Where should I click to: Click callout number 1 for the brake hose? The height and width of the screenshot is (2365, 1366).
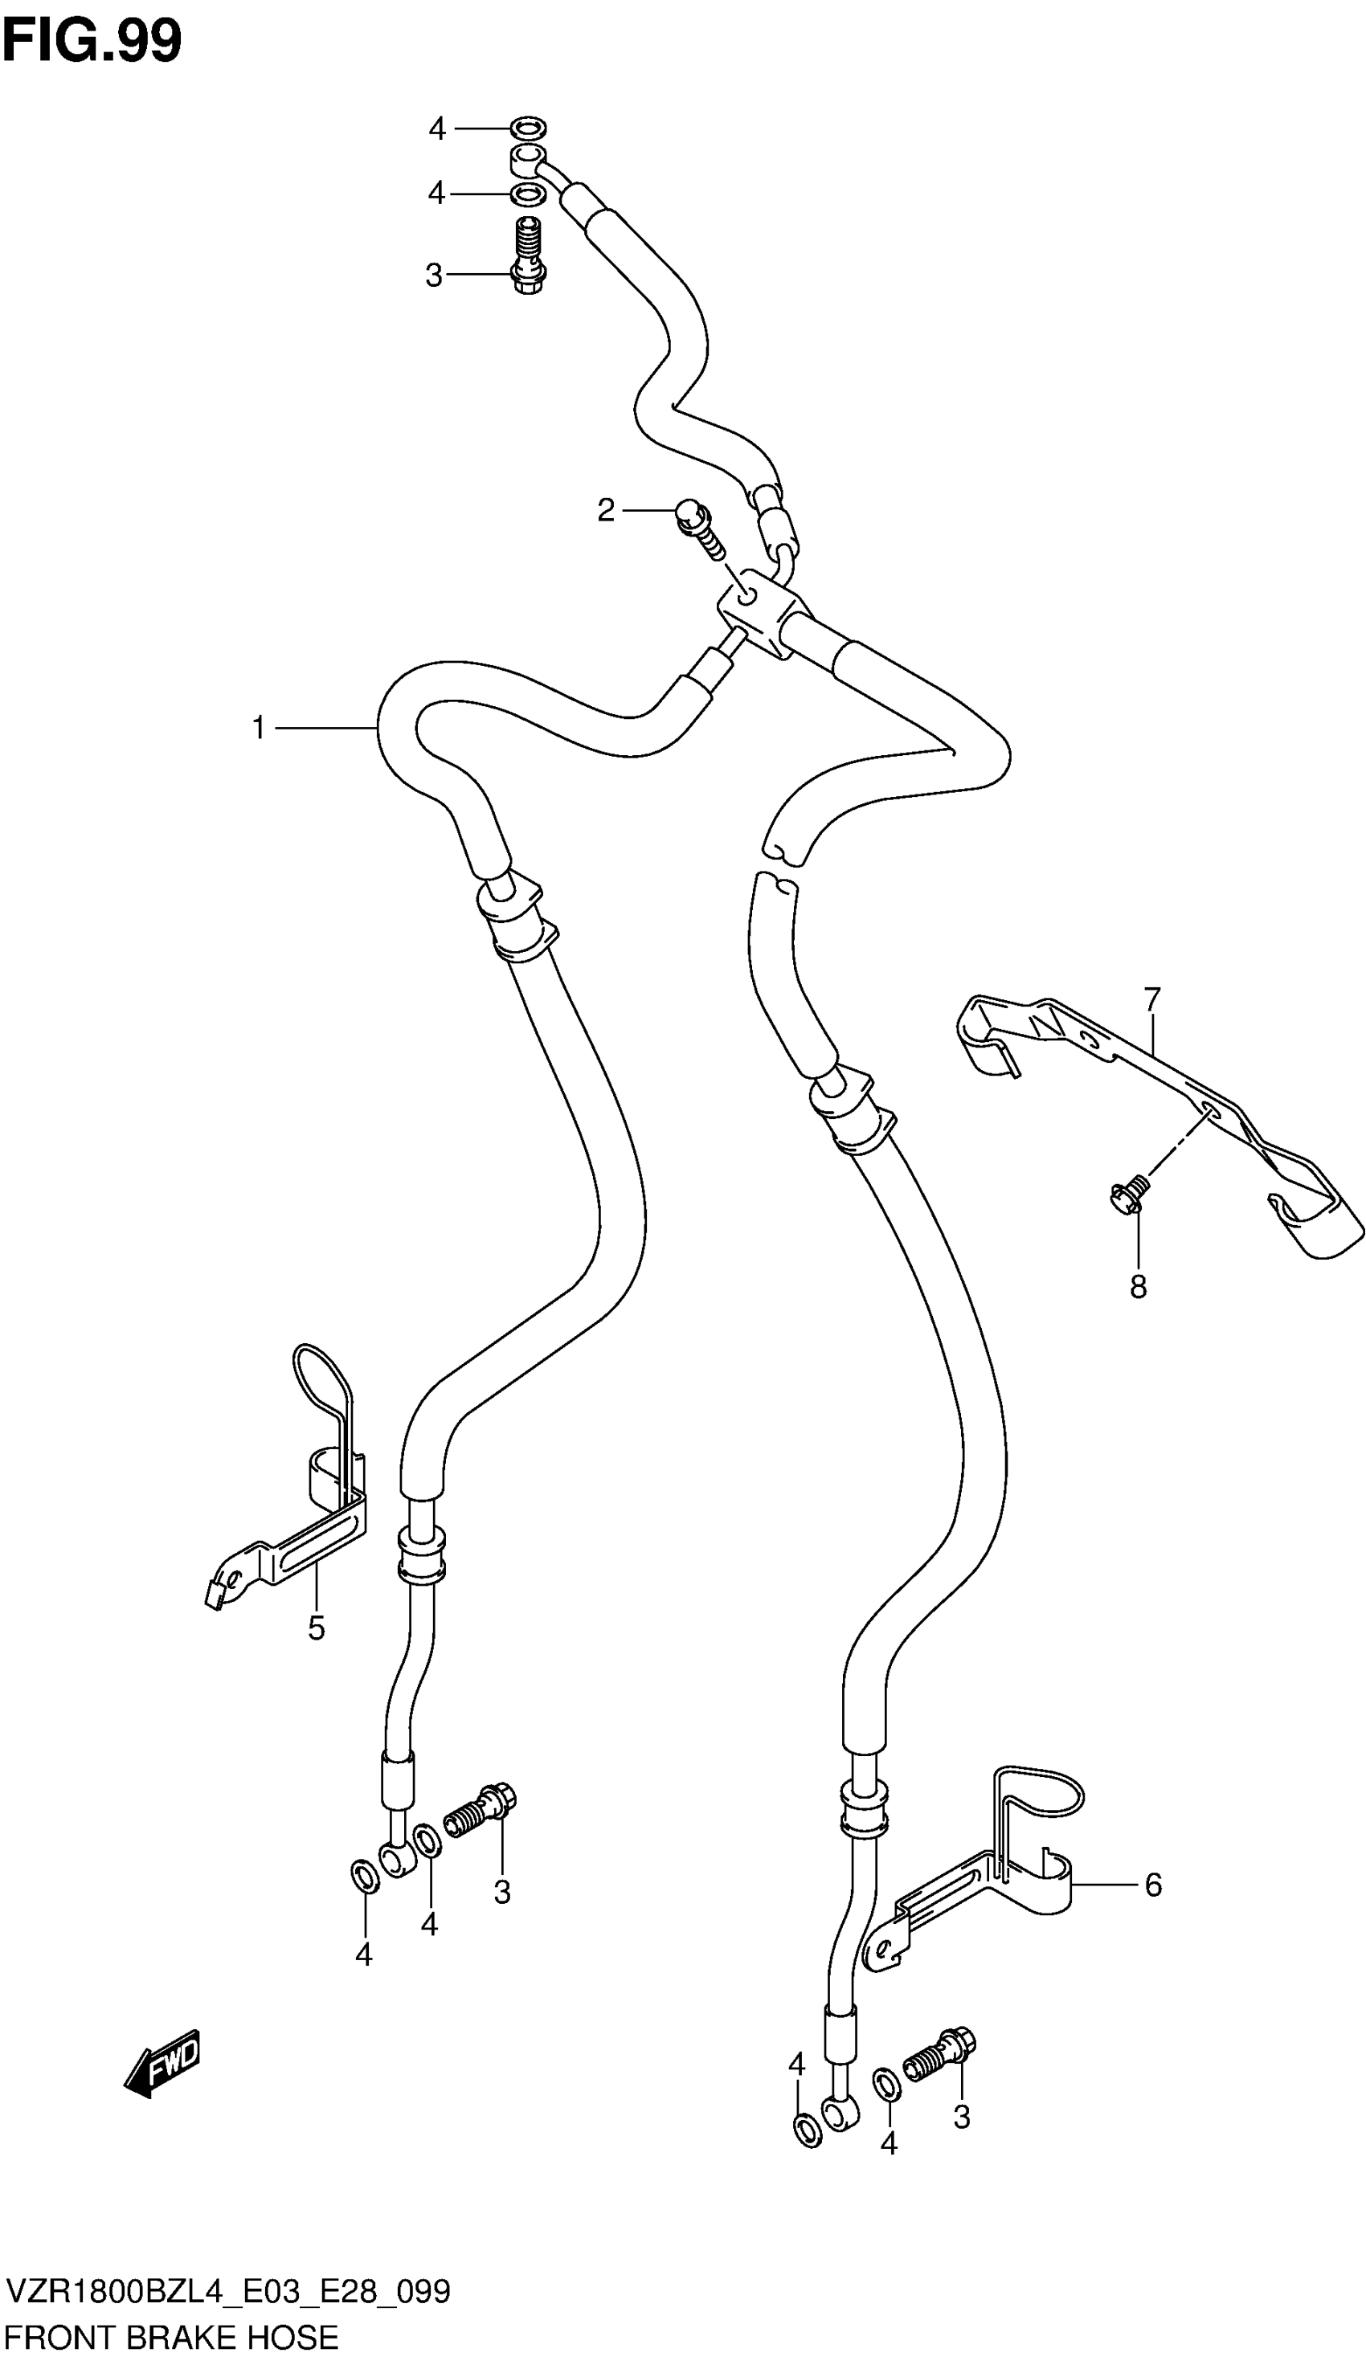click(x=259, y=728)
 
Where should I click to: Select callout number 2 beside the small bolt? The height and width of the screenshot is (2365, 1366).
click(x=606, y=510)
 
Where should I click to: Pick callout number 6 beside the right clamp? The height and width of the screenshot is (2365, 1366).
click(x=1153, y=1885)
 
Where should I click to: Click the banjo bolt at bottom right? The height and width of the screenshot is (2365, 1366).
click(x=941, y=2053)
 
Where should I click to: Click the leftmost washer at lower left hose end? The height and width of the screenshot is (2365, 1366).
click(x=364, y=1876)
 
